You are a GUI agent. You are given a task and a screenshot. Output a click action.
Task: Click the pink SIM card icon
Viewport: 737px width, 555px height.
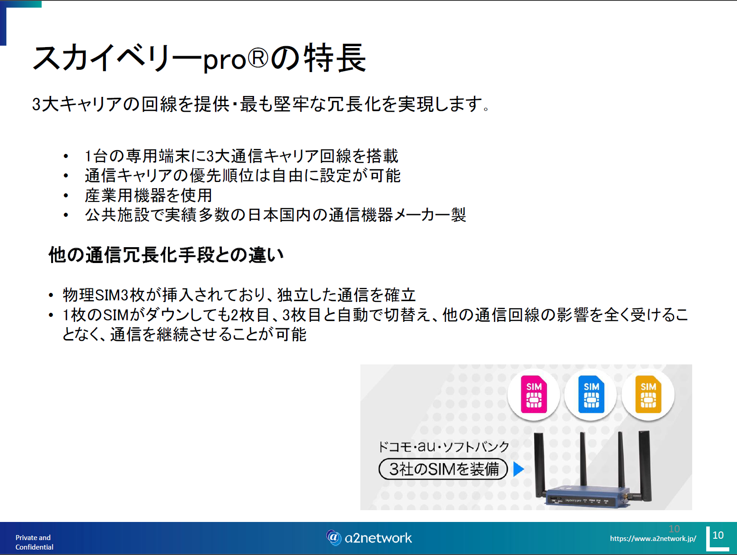coord(534,394)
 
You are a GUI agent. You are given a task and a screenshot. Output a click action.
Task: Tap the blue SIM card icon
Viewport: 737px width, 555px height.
coord(591,394)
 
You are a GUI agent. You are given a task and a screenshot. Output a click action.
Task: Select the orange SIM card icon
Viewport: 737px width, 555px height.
coord(648,394)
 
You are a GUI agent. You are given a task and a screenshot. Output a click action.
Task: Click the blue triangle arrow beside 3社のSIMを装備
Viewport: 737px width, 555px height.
coord(518,469)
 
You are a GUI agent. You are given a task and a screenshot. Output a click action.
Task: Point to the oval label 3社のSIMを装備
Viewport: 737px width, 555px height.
coord(443,469)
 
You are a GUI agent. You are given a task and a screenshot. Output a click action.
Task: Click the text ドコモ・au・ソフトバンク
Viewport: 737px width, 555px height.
coord(443,447)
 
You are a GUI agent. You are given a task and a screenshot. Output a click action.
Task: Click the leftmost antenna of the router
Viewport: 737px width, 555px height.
coord(539,464)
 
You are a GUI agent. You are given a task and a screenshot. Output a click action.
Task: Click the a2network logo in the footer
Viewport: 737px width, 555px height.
coord(368,538)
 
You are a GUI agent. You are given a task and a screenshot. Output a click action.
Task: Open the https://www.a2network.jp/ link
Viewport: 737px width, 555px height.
coord(653,539)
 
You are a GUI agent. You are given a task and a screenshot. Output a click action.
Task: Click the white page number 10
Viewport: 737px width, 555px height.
coord(718,535)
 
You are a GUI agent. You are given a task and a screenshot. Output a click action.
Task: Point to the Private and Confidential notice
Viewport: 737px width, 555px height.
coord(34,542)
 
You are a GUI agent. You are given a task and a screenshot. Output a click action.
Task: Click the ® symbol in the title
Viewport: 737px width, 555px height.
coord(258,58)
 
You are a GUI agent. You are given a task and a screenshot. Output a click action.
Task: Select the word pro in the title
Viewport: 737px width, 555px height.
coord(225,61)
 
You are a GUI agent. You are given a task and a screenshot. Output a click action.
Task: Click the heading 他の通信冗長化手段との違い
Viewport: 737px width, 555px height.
coord(166,255)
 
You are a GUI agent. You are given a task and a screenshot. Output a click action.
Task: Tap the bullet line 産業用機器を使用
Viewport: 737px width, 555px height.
coord(148,196)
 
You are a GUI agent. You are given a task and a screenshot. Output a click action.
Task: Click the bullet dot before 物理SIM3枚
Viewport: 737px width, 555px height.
coord(51,296)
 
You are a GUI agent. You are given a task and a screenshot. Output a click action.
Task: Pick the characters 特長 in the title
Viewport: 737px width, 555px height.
coord(335,58)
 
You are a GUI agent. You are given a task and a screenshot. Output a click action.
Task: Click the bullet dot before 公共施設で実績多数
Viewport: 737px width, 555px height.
coord(66,215)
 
